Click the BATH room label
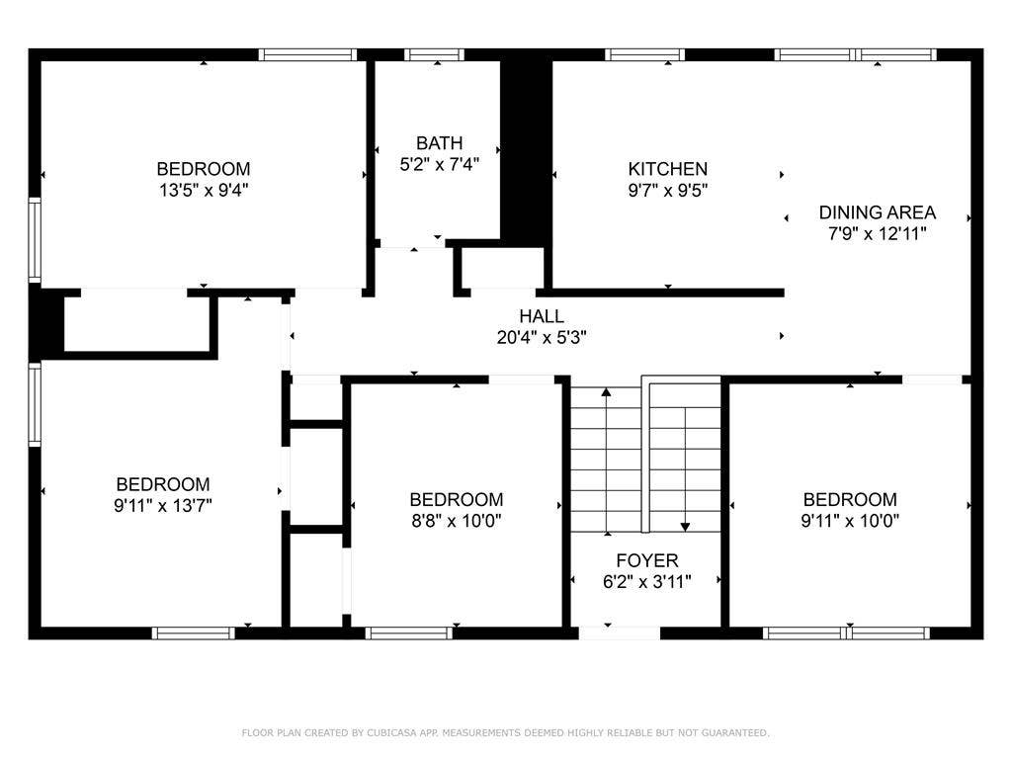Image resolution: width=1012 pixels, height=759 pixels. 439,143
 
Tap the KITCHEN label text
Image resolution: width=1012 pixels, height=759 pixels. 668,169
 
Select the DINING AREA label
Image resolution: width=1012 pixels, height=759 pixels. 877,212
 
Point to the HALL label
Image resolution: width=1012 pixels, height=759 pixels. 542,316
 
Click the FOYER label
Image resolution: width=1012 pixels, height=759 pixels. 647,561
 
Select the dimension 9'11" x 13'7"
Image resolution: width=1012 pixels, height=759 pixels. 163,505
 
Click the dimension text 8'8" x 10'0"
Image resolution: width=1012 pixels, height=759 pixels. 457,521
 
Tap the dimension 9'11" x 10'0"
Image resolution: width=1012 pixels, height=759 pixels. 850,521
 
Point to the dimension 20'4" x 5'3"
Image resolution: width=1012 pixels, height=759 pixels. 542,337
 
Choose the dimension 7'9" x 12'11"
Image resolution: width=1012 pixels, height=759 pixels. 877,234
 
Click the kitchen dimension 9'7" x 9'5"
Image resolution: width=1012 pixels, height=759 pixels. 668,190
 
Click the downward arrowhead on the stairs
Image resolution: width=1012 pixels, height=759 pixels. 685,526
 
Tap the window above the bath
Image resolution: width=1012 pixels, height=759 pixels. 435,55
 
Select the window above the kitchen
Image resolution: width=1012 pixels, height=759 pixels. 644,55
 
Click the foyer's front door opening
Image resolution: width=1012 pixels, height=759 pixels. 620,632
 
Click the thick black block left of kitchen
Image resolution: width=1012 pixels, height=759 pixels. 526,148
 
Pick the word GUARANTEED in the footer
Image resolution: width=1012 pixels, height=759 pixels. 732,733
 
